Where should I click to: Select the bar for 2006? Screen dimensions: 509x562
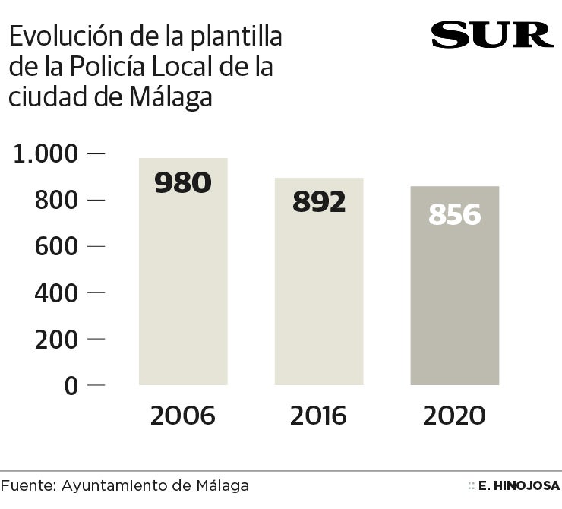(183, 289)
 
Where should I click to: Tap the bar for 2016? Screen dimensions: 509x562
(319, 296)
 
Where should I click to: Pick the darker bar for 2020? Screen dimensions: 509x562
(455, 304)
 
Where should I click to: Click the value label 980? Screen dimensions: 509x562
(183, 182)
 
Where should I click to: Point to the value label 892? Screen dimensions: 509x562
(319, 201)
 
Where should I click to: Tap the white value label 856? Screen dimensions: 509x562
(455, 215)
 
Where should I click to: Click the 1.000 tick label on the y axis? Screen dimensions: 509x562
(46, 154)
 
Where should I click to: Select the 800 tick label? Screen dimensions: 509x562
(57, 201)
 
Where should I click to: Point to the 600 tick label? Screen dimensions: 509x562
(57, 247)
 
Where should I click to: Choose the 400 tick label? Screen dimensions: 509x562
(57, 293)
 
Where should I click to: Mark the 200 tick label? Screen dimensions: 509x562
(57, 340)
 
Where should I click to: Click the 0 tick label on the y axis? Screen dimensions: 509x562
(71, 386)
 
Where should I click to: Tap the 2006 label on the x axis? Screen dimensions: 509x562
(183, 416)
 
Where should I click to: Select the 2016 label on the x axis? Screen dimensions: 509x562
(318, 416)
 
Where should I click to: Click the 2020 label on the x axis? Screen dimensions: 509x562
(454, 416)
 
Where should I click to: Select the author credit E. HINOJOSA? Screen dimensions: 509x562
(520, 485)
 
